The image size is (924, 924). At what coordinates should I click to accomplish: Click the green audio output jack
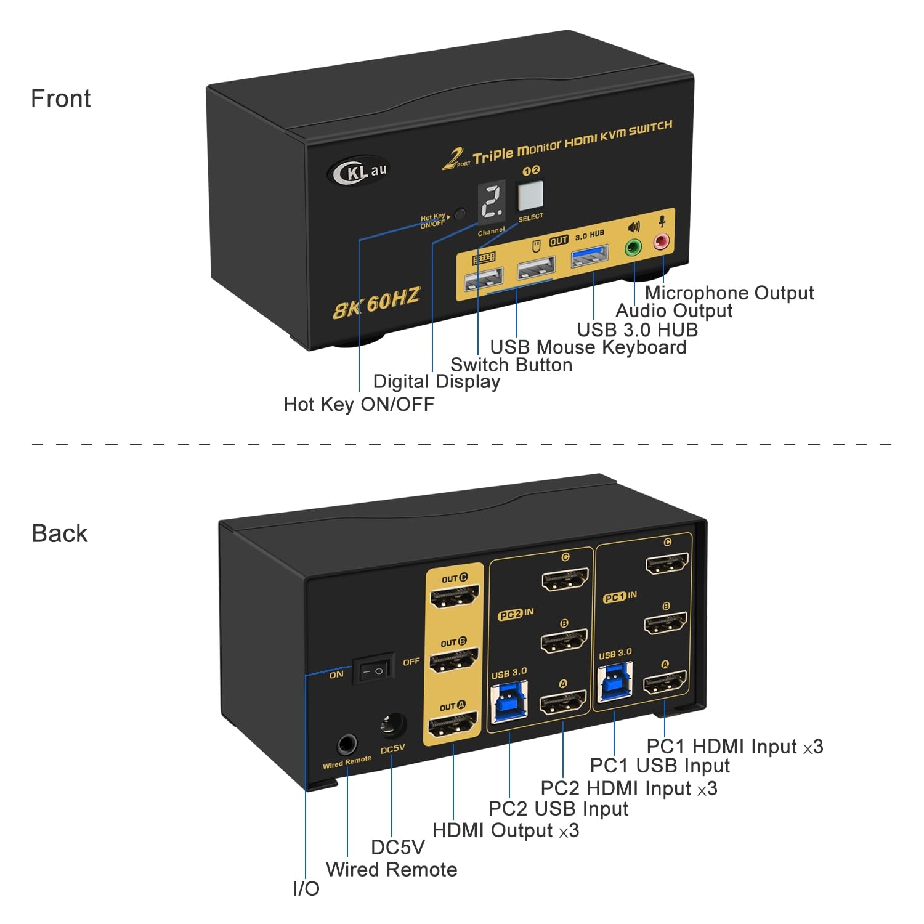click(x=633, y=248)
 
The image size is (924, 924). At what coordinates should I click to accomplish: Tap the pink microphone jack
click(x=662, y=241)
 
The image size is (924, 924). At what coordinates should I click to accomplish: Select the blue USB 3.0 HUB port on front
click(x=590, y=256)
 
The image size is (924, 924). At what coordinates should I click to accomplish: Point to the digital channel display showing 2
click(x=492, y=201)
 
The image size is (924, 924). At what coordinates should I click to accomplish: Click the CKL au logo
click(x=359, y=171)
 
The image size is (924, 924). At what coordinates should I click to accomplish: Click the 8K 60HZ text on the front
click(x=376, y=302)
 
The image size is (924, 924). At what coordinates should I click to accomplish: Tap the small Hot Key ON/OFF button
click(x=460, y=215)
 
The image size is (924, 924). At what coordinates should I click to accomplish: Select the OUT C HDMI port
click(x=455, y=596)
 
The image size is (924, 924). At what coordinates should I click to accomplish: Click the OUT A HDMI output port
click(x=453, y=724)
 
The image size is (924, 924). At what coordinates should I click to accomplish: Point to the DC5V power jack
click(x=392, y=726)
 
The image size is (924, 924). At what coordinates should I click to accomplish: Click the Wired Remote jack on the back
click(x=347, y=745)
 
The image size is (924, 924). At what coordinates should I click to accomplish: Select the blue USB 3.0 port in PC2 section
click(x=509, y=703)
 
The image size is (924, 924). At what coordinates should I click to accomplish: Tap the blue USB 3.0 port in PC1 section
click(x=615, y=683)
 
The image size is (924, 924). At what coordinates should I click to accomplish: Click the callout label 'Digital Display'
click(x=436, y=381)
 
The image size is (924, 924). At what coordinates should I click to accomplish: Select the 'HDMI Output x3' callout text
click(x=505, y=830)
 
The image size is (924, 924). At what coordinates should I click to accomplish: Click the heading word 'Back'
click(x=60, y=533)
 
